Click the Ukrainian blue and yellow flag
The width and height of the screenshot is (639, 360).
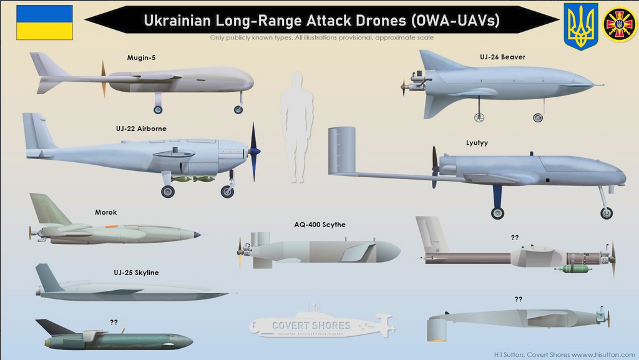44,22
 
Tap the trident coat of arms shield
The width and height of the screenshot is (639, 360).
580,26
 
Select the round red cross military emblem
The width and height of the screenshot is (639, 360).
619,24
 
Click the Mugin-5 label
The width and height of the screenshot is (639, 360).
141,58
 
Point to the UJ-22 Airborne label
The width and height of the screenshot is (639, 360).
141,129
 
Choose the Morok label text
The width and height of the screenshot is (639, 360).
105,212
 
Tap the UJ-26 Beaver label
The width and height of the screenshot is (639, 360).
502,57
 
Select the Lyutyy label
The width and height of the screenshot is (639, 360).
477,143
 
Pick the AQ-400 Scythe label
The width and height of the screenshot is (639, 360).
319,225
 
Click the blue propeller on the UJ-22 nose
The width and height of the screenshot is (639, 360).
253,151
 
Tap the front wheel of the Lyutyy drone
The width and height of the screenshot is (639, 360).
606,213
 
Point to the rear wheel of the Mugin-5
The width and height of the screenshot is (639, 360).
158,109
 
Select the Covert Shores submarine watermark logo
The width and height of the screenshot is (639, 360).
322,324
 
